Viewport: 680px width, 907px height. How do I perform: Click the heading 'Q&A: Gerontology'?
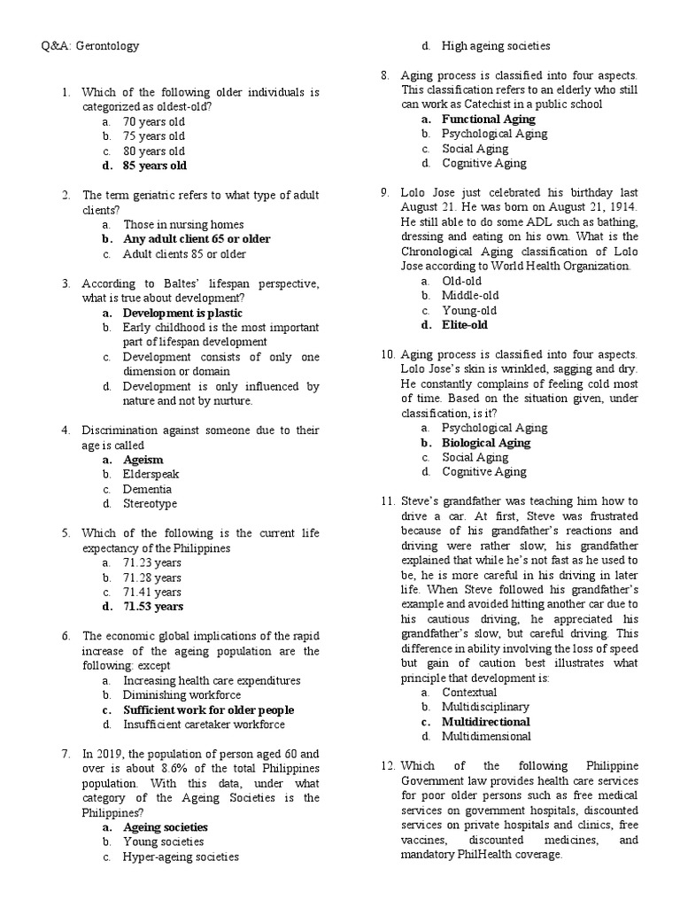point(90,45)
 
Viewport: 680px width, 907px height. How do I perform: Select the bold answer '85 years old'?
point(155,166)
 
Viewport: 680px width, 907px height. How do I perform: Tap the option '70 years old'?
point(154,121)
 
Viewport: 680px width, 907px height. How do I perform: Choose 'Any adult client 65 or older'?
point(197,239)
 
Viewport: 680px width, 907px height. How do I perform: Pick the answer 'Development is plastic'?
point(182,313)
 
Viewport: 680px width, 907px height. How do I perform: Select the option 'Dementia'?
point(148,489)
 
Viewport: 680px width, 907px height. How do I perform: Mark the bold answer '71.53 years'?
point(153,607)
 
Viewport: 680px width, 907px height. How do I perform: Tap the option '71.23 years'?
point(152,562)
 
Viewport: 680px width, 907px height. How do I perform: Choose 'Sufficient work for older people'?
point(209,709)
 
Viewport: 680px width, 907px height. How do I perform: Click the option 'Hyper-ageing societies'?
point(181,857)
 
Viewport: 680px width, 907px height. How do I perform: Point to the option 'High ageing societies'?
point(496,45)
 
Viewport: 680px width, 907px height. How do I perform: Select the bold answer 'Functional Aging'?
point(489,119)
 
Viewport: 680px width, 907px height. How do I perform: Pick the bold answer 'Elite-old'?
point(465,325)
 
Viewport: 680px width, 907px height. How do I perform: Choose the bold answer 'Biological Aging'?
point(486,443)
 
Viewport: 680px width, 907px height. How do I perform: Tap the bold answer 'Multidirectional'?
point(487,721)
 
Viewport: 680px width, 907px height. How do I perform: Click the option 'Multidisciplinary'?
point(486,707)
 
